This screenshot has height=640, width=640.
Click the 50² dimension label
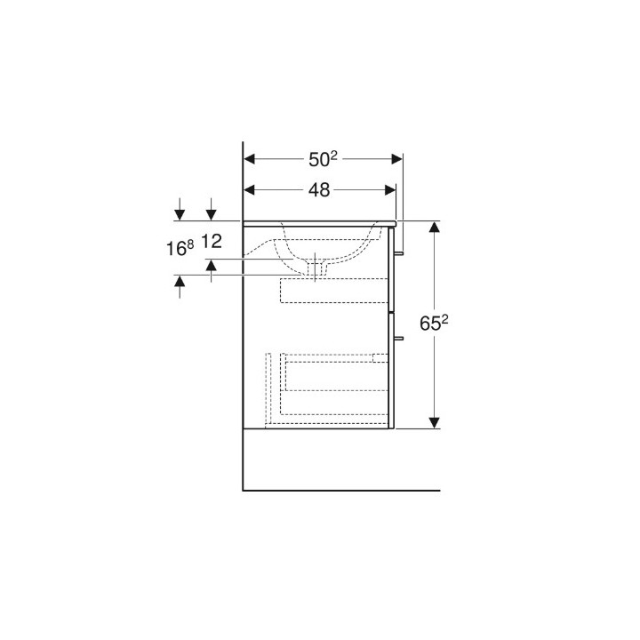click(323, 159)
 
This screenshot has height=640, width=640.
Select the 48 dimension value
click(319, 190)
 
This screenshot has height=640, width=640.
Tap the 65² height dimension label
click(434, 324)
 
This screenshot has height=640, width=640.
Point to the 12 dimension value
click(212, 242)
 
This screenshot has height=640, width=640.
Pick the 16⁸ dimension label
click(180, 248)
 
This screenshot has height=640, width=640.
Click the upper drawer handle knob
click(398, 253)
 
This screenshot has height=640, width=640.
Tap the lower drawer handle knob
click(398, 339)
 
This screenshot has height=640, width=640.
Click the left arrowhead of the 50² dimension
click(249, 159)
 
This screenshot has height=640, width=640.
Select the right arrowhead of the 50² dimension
click(396, 159)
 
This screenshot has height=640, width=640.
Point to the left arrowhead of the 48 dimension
click(249, 190)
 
